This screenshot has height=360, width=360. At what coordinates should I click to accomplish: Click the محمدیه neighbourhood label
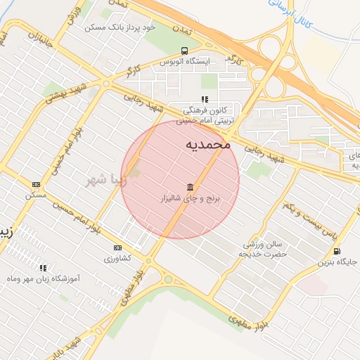coord(207,144)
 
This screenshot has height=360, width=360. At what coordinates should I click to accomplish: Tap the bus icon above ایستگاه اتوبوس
coord(184,51)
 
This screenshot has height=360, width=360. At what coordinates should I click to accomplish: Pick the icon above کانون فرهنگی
coord(205,100)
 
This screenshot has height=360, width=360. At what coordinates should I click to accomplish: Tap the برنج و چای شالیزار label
coord(189,200)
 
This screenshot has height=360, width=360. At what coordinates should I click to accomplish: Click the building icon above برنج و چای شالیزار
coord(191,187)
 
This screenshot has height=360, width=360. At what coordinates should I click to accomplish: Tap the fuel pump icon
coord(337,250)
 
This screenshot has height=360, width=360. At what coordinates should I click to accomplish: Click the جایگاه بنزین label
coord(337,262)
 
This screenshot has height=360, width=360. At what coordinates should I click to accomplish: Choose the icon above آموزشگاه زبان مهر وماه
coord(44,268)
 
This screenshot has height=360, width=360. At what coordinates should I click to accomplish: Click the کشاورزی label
coord(118,259)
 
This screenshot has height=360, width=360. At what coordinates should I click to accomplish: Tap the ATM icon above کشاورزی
coord(117,247)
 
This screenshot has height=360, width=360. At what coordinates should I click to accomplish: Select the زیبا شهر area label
coord(105,181)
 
